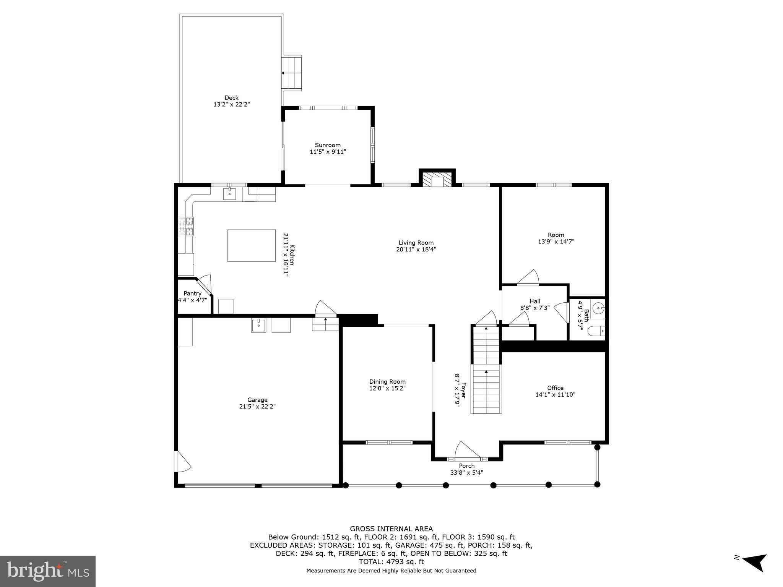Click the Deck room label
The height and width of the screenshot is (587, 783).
pos(231,98)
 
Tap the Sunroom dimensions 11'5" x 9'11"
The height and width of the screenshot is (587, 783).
pos(328,152)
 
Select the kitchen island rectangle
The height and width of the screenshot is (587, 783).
pos(251,245)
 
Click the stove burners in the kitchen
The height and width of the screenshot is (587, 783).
pos(186,226)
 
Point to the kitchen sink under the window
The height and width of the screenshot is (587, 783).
pos(230,194)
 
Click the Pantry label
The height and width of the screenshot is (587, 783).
pos(192,293)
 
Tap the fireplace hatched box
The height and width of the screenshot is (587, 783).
pos(437,181)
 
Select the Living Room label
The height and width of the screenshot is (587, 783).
pos(416,243)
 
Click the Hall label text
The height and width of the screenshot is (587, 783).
pos(535,301)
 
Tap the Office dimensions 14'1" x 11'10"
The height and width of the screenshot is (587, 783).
pos(555,395)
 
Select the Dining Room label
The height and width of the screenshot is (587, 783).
pos(387,381)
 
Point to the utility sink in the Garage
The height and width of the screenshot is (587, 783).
pos(258,325)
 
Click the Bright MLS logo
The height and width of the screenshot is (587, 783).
pos(48,571)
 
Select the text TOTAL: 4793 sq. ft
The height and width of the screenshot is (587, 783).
pos(391,562)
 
